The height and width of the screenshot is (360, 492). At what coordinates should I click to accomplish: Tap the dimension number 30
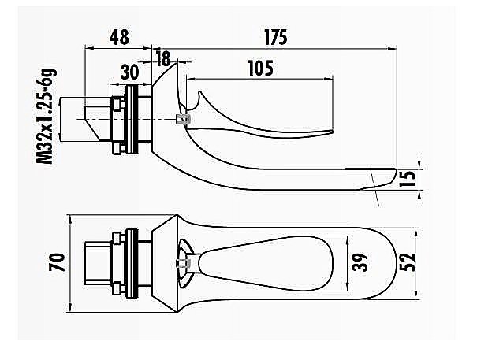(x=130, y=71)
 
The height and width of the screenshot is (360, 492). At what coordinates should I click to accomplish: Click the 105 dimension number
(x=259, y=69)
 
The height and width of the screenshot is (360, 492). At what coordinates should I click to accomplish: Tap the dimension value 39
(x=360, y=261)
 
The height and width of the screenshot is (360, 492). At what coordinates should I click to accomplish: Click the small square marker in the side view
(x=184, y=119)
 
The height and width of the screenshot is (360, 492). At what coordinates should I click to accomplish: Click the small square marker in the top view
(x=182, y=262)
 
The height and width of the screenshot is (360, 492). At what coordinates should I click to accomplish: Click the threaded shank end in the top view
(x=96, y=262)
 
